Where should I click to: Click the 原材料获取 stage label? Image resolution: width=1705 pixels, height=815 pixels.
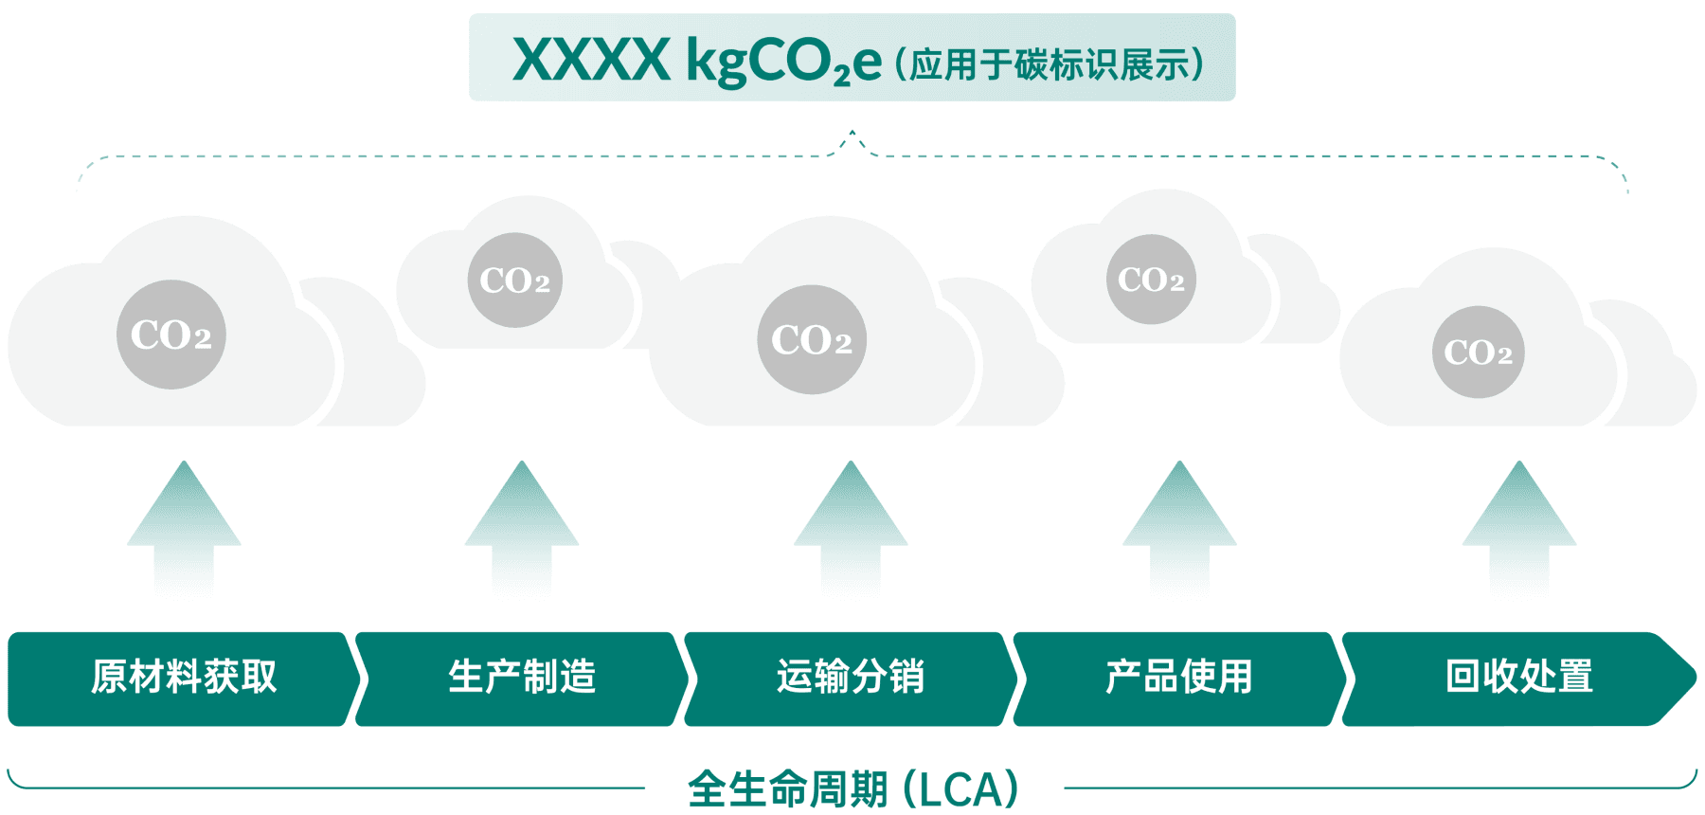click(184, 678)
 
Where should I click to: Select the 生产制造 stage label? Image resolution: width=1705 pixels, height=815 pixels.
click(522, 678)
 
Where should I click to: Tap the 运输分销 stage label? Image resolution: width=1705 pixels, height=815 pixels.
click(851, 678)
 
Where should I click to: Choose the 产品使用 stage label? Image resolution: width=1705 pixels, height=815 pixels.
click(1179, 678)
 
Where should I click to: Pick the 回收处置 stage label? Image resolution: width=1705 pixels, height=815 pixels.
click(1519, 678)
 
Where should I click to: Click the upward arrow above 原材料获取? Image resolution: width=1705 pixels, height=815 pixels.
click(184, 521)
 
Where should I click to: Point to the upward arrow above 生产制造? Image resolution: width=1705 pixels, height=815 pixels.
click(522, 521)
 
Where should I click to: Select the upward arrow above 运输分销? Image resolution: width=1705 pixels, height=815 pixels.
click(851, 521)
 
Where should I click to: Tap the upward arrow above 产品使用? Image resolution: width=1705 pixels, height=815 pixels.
click(1179, 521)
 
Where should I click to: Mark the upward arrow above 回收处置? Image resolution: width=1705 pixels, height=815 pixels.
click(1519, 521)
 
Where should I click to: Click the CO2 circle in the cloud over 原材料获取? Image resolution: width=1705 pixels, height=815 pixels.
click(171, 335)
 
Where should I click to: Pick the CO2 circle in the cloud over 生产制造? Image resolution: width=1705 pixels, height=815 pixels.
click(515, 281)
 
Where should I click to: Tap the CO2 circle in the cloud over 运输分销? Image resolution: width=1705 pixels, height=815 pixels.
click(812, 339)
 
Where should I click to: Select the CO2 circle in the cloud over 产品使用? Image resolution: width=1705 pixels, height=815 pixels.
click(1151, 280)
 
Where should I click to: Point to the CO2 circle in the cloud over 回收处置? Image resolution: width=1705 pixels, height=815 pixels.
click(1479, 353)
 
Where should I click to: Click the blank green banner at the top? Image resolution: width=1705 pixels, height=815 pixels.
click(852, 57)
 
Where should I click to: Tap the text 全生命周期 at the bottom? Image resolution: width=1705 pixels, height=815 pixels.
click(788, 789)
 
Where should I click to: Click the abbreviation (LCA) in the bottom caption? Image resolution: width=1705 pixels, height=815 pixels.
click(961, 789)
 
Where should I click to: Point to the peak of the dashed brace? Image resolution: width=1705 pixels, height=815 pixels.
click(852, 133)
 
